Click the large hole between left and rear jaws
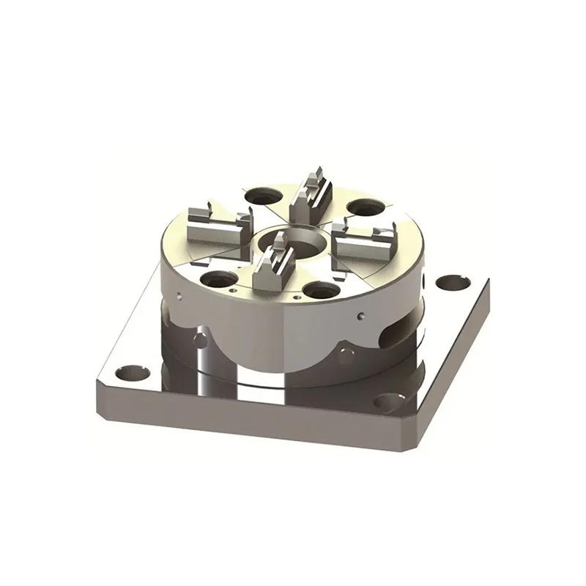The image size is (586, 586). pos(262,196)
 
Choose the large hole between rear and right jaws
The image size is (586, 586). pos(366,208)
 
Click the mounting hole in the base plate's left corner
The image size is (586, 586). pos(133,373)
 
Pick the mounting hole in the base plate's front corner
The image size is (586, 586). pos(389,401)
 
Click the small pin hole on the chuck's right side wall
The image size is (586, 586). pos(361,316)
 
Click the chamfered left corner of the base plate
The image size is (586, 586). pos(100,385)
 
